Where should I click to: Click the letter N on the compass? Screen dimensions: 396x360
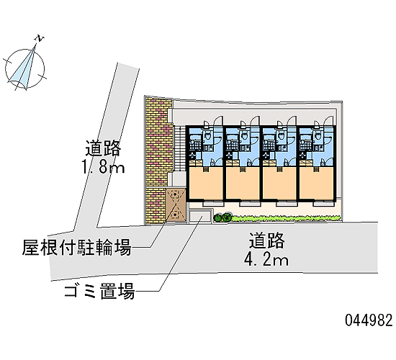40,38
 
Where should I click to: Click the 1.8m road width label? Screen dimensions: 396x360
102,166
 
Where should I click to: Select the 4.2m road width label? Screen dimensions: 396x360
266,259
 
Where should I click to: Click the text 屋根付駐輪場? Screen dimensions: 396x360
77,248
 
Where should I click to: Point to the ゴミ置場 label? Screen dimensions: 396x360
99,292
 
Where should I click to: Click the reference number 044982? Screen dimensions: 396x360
369,320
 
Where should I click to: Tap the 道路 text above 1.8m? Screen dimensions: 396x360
103,148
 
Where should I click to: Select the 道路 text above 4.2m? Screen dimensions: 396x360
267,240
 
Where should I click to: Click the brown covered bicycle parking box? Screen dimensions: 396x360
176,205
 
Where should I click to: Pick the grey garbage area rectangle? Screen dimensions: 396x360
201,216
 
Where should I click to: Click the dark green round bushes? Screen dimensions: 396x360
222,217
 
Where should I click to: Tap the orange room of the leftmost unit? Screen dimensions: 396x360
206,183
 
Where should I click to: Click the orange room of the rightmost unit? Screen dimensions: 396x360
318,183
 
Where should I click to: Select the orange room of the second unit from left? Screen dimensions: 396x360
243,183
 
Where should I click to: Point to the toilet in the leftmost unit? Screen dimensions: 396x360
207,136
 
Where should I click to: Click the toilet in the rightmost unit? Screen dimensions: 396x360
318,136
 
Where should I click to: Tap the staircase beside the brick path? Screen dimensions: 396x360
179,148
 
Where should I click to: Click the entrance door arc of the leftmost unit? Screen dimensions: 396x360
218,120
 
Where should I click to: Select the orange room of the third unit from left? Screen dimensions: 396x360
279,183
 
